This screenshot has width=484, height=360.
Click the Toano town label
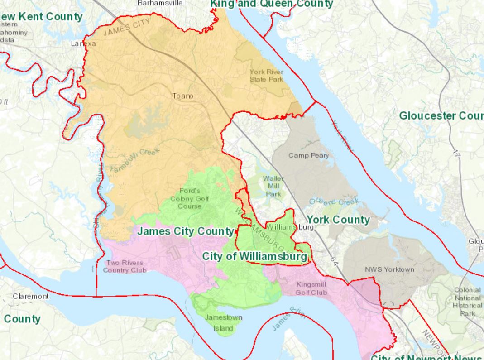(182, 96)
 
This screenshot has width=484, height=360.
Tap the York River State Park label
(266, 76)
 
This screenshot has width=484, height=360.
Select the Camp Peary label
(308, 155)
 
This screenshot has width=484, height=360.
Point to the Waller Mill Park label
(273, 186)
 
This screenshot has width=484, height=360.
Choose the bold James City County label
(185, 231)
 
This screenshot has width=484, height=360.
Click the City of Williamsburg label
(254, 256)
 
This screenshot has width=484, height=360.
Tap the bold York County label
(338, 220)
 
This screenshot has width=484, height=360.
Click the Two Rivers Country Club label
(125, 266)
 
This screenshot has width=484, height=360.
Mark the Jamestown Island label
(223, 323)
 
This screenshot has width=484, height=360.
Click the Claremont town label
(30, 296)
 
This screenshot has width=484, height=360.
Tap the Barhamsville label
(160, 3)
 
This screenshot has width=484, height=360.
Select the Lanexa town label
(83, 44)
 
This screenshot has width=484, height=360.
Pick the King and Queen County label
(272, 4)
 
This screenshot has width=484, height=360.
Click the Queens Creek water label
(334, 202)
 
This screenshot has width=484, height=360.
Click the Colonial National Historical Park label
(467, 302)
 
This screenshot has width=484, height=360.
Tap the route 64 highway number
(334, 262)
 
